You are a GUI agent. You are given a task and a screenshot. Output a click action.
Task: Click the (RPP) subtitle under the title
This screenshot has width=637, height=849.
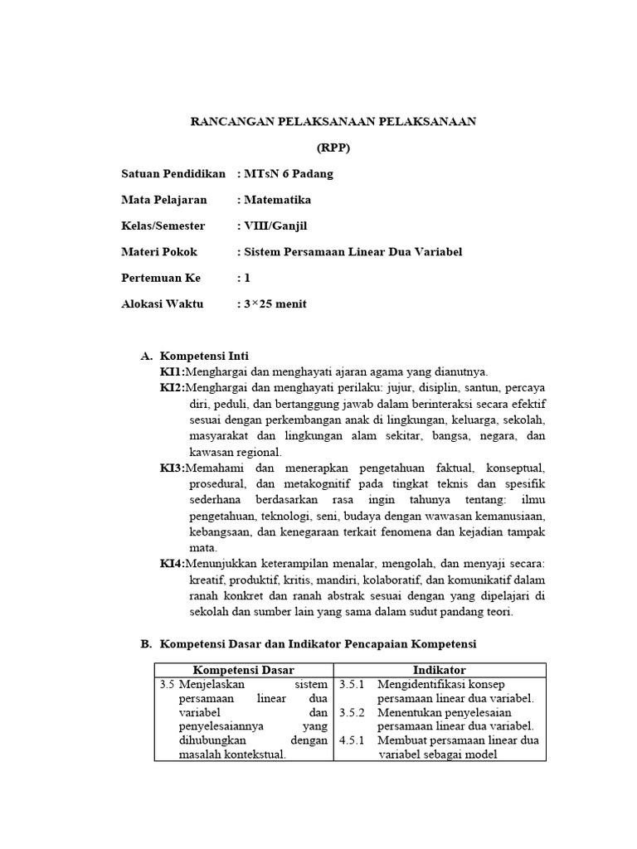pos(334,148)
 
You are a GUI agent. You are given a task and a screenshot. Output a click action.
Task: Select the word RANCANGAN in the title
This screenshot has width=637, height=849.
pos(229,121)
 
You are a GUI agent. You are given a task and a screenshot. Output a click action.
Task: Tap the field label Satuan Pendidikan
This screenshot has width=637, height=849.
pos(173,173)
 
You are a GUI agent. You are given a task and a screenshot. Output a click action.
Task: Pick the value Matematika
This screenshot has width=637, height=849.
pos(277,200)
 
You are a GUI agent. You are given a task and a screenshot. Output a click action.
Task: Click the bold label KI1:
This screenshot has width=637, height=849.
pos(172,371)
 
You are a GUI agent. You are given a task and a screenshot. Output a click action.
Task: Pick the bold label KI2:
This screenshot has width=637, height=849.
pos(172,387)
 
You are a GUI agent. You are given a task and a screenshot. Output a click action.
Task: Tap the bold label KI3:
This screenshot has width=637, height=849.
pos(172,468)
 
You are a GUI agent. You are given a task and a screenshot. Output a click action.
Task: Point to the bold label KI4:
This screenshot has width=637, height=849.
pos(172,564)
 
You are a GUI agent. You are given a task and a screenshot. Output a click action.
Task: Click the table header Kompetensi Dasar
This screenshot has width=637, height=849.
pos(244,670)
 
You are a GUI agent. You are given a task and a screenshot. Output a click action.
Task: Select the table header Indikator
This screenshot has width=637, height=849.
pos(439,670)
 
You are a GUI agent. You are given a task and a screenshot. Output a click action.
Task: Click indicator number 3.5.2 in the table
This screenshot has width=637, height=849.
pos(353,712)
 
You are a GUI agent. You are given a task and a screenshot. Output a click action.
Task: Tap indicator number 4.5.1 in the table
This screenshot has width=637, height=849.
pos(353,740)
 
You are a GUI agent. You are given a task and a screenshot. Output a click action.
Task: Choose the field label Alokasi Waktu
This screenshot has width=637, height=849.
pos(162,303)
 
